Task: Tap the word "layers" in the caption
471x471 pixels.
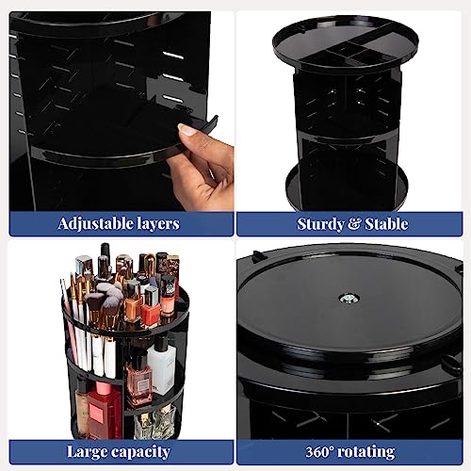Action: [x=158, y=224]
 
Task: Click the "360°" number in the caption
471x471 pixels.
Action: [x=319, y=452]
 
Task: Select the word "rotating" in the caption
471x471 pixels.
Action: [x=365, y=452]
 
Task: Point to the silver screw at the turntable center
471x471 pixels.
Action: [x=349, y=298]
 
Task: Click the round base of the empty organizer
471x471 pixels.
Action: [x=347, y=188]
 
